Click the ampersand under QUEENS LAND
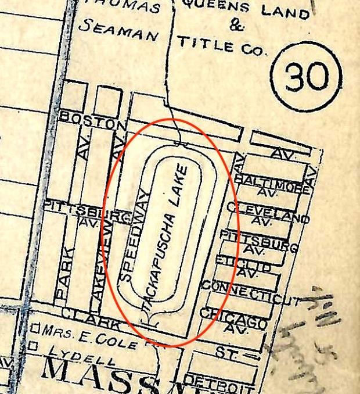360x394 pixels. [x=236, y=26]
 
